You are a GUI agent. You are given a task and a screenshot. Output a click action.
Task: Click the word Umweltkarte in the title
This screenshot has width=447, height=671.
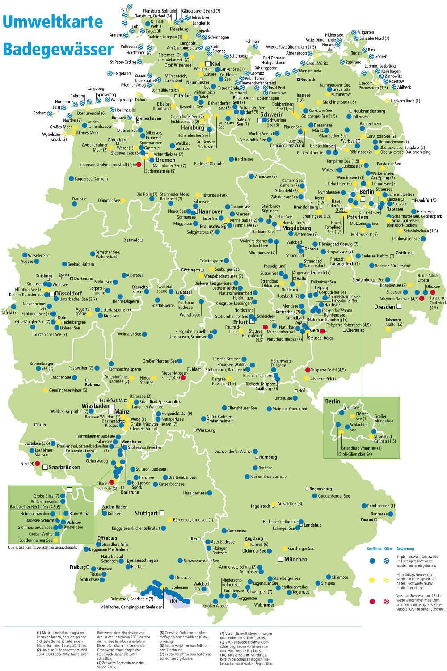point(53,22)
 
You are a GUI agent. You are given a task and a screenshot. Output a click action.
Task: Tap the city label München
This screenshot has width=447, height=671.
point(295,559)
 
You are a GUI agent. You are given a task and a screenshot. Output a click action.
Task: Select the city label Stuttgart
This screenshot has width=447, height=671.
point(146,513)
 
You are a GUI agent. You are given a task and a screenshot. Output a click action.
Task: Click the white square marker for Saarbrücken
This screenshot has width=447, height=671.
point(45,467)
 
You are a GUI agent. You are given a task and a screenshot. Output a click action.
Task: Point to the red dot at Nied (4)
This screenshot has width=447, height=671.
point(38,464)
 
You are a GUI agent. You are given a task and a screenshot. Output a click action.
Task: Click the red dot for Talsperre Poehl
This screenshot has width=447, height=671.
point(308,370)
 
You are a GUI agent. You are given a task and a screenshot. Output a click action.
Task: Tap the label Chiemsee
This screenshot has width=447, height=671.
point(340,577)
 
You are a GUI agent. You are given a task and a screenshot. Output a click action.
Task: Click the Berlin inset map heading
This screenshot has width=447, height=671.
point(333,401)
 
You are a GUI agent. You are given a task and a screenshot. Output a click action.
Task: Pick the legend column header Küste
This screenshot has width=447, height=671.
point(388,549)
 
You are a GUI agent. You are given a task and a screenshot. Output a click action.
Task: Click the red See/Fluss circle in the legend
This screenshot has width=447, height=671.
point(372,602)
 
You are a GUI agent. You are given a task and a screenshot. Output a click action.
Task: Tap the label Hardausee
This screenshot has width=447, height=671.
point(244,159)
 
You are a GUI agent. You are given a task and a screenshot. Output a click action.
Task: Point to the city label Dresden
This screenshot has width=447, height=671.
point(384,307)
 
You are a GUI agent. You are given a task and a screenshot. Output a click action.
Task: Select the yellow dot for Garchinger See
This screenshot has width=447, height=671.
point(284,549)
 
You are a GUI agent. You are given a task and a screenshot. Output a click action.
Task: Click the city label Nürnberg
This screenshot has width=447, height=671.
point(268,457)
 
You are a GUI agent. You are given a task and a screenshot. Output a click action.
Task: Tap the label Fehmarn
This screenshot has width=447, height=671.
point(253,42)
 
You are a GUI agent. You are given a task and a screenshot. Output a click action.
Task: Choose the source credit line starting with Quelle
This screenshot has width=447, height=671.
point(42,547)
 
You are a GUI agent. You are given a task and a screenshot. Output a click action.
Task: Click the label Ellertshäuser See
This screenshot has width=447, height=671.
point(242,408)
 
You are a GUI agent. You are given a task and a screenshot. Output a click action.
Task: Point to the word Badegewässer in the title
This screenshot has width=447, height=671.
point(58,49)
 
